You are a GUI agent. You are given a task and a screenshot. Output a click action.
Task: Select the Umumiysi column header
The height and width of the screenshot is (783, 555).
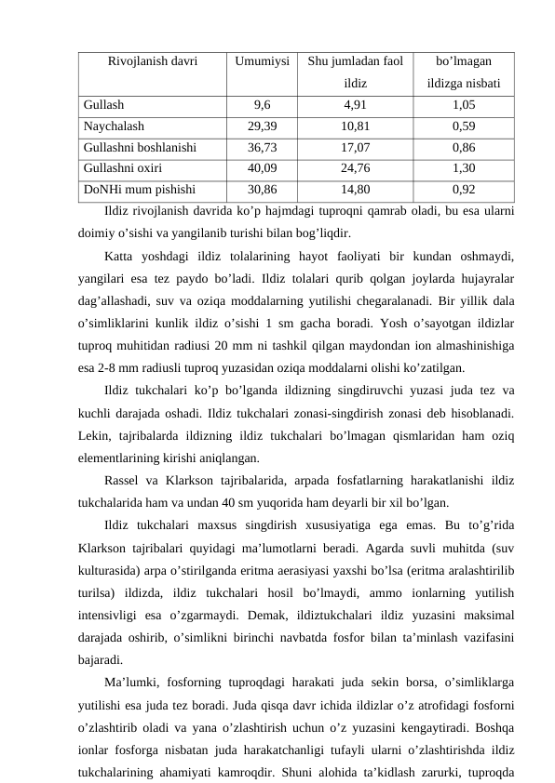point(262,62)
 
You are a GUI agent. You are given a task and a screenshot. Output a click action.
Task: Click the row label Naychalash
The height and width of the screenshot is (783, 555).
point(114,126)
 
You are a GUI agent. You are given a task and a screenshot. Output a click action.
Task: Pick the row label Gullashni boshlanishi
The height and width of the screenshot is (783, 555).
point(139,147)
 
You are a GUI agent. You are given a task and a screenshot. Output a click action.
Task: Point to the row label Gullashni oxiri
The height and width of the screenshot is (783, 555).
point(123,168)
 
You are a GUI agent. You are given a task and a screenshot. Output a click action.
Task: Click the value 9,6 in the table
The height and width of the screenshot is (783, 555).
point(262,105)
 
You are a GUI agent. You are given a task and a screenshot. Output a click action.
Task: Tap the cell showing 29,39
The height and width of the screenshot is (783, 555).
point(262,126)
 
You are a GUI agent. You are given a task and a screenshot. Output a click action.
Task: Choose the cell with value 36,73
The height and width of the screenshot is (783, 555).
point(262,147)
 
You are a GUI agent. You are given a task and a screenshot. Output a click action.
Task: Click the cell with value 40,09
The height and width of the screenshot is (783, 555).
point(262,168)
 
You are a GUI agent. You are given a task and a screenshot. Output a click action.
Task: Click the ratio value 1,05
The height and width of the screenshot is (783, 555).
point(464,105)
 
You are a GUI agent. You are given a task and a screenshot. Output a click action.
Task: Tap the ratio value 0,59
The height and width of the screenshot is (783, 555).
point(464,126)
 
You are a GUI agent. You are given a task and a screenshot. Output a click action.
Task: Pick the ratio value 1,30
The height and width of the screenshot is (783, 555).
point(464,168)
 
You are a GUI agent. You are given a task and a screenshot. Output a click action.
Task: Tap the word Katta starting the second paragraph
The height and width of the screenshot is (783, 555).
point(121,257)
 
